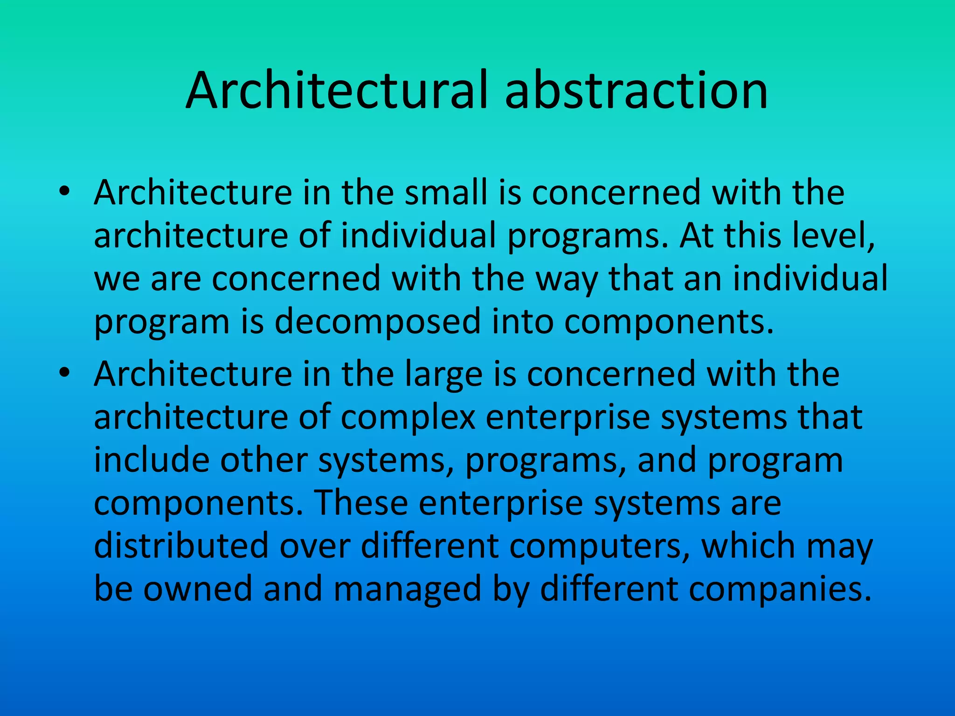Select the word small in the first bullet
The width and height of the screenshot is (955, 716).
(x=446, y=193)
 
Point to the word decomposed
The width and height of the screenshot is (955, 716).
(x=377, y=322)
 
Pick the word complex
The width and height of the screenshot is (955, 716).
(x=408, y=417)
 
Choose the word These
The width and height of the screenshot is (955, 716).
(x=361, y=503)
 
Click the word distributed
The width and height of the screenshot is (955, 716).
(x=181, y=546)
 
